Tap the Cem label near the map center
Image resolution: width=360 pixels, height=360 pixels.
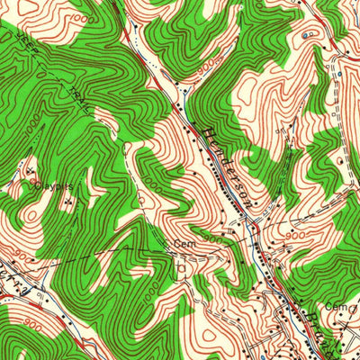click(x=184, y=243)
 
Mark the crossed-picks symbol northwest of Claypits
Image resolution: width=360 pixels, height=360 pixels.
click(x=31, y=168)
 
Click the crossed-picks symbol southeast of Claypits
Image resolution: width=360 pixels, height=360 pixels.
click(x=69, y=201)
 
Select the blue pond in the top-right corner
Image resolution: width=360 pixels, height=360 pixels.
click(x=310, y=34)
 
